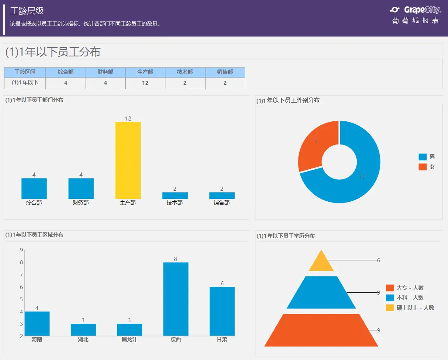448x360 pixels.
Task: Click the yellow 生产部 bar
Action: coord(128,160)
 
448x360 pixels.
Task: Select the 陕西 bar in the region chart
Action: coord(176,299)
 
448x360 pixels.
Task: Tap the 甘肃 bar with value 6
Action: coord(222,311)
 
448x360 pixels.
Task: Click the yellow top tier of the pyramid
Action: coord(321,262)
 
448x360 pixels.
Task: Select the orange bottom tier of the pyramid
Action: coord(321,330)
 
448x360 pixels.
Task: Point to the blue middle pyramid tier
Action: coord(321,293)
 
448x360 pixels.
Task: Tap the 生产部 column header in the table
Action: coord(145,72)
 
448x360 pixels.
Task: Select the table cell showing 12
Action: coord(145,83)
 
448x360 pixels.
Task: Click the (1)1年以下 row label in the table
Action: coord(25,83)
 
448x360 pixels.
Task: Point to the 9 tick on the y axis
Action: coord(21,250)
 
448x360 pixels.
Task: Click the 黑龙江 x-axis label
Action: coord(129,340)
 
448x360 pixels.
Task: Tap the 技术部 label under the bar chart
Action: coord(175,203)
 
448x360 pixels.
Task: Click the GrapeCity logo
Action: coord(416,10)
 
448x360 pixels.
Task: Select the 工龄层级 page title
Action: coord(27,11)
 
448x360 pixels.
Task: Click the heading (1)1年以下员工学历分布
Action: coord(285,236)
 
